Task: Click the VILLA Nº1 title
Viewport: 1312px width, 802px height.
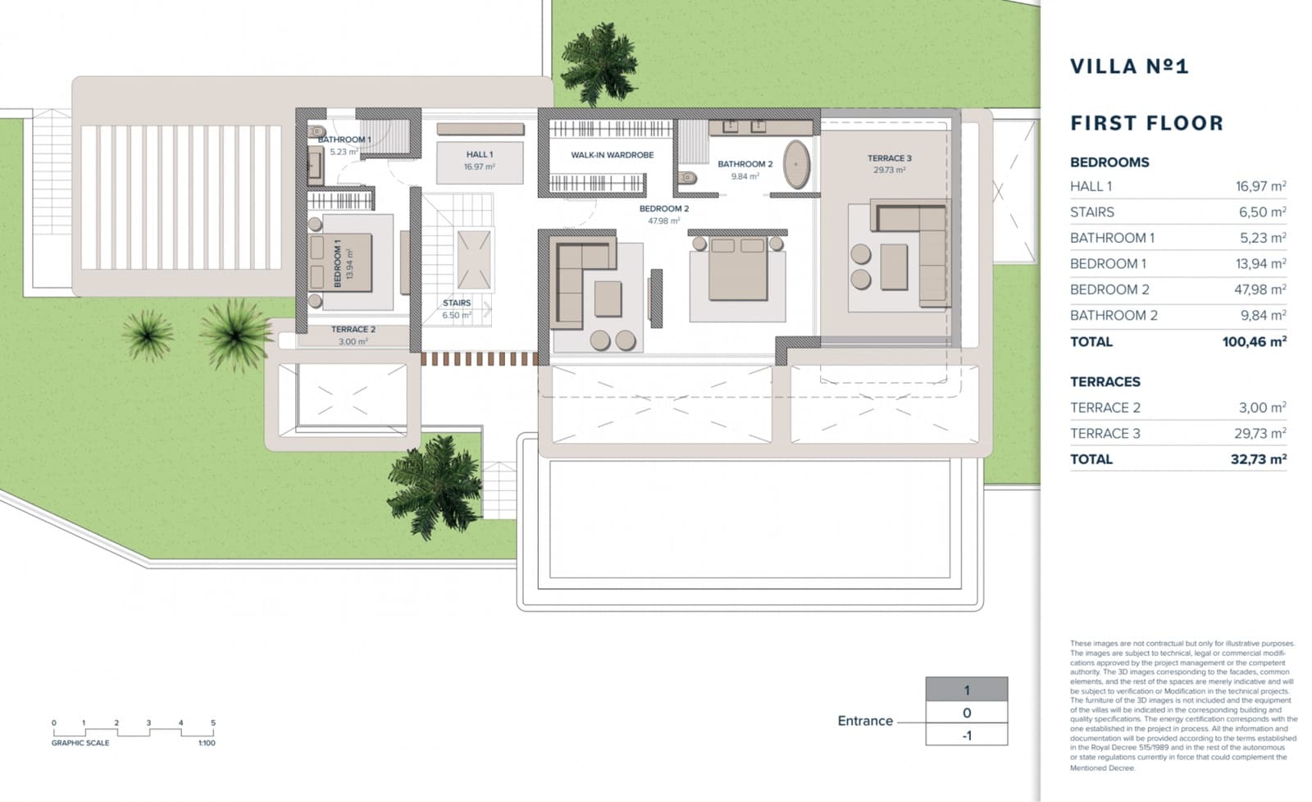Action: click(x=1128, y=66)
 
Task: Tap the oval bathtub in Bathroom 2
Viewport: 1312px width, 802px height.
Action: click(x=796, y=164)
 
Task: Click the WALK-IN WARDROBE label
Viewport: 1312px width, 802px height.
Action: click(x=612, y=155)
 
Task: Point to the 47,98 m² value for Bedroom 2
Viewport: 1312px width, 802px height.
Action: click(x=1260, y=289)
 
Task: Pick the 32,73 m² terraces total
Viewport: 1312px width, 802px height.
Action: click(x=1258, y=459)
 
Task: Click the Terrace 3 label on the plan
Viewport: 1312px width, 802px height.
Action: click(x=889, y=158)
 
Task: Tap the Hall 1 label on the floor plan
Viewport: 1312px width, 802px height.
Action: click(x=480, y=154)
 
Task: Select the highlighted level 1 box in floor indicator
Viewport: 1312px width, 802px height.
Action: click(x=966, y=690)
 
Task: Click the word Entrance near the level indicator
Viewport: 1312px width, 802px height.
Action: click(x=864, y=721)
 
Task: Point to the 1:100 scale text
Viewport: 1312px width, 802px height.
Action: click(x=207, y=743)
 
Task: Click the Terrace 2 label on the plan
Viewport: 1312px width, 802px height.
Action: click(x=353, y=330)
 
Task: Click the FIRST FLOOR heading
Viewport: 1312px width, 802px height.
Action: click(x=1146, y=124)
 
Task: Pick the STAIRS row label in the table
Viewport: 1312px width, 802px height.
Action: click(x=1091, y=212)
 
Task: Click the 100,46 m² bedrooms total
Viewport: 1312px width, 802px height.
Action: click(x=1254, y=342)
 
